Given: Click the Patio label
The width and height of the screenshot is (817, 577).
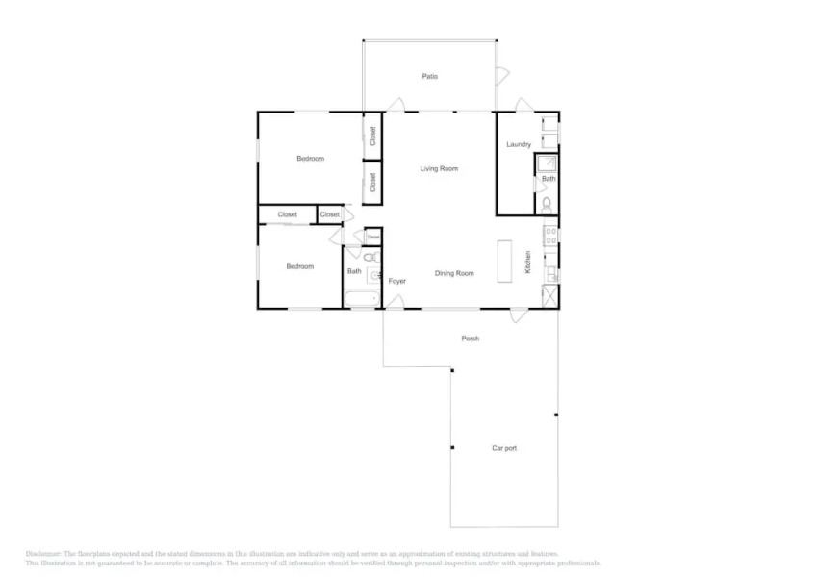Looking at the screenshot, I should (430, 76).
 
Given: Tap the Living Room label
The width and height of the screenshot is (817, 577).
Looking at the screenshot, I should (439, 168).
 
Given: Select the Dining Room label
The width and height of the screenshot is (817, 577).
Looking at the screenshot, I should (454, 273).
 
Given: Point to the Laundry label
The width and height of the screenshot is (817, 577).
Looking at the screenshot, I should (519, 144).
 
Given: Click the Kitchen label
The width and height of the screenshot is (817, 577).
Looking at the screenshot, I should (528, 263).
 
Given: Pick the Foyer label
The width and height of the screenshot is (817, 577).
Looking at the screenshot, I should (396, 281).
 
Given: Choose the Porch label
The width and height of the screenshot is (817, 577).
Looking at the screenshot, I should (470, 339).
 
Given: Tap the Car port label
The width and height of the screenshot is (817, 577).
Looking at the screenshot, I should (504, 448).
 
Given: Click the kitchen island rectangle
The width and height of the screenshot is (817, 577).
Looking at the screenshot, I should (504, 262).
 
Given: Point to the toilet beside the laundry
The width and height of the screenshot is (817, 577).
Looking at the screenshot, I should (547, 203).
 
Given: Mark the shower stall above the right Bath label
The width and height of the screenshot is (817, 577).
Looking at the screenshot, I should (547, 163).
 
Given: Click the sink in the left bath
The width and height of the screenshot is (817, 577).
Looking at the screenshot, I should (373, 276).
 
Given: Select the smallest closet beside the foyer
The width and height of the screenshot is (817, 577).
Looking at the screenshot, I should (372, 236).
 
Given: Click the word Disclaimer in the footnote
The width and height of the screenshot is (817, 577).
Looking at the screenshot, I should (43, 554).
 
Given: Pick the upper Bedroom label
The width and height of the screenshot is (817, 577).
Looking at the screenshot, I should (310, 159).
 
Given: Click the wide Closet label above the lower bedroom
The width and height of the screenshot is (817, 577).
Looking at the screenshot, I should (287, 214).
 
